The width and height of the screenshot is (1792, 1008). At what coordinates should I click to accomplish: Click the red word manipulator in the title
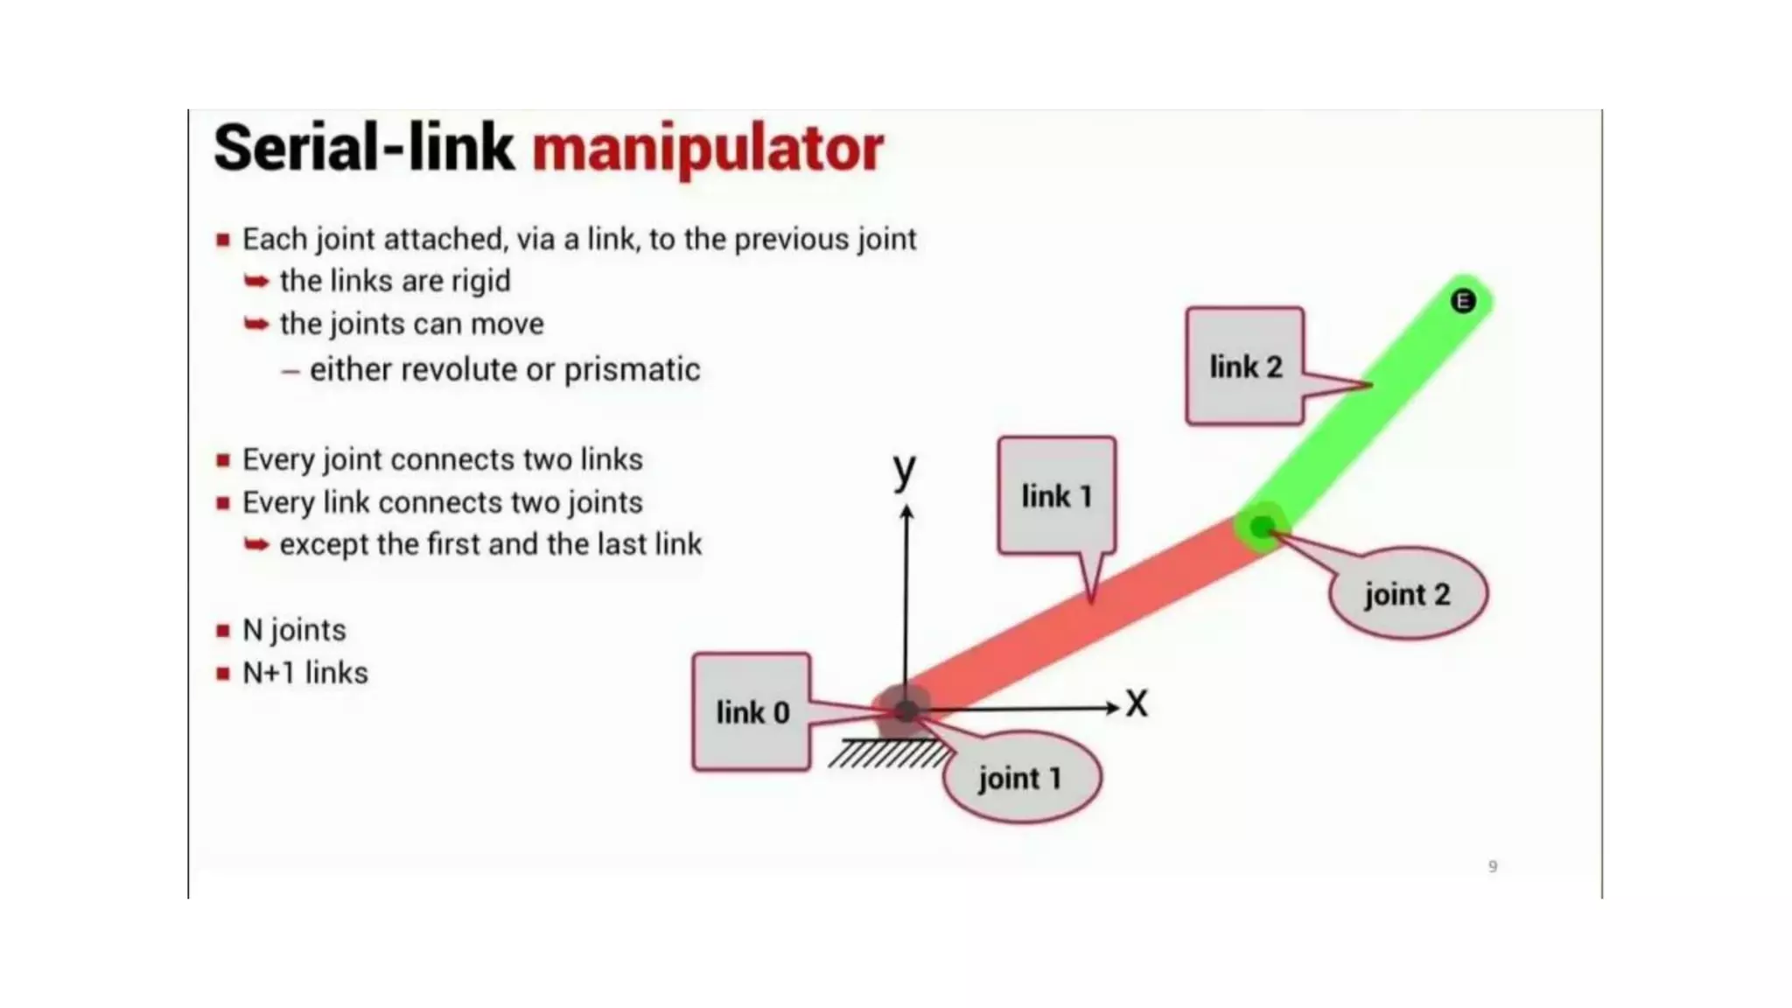click(707, 149)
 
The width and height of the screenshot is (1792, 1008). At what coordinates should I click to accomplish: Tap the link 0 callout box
click(752, 712)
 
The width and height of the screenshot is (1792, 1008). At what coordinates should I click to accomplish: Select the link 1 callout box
click(1056, 496)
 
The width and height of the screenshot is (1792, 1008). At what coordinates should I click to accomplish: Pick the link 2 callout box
click(1244, 367)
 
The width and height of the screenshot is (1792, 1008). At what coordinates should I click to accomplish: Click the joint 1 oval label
click(1020, 777)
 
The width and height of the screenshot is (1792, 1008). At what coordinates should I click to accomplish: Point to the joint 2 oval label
click(1407, 594)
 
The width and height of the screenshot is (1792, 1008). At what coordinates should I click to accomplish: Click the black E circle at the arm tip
click(1462, 301)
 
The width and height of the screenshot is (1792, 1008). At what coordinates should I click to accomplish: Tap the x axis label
click(1136, 703)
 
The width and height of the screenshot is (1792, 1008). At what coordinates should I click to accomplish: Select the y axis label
click(904, 470)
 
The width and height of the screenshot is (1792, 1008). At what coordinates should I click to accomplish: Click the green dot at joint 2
click(1261, 528)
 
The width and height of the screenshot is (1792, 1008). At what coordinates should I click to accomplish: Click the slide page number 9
click(1493, 866)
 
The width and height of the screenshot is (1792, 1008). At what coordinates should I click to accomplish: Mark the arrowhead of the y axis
click(907, 513)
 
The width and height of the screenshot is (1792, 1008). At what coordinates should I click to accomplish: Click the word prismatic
click(632, 370)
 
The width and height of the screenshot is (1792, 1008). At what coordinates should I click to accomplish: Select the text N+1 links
click(304, 673)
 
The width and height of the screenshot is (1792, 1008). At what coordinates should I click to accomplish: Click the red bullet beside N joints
click(223, 631)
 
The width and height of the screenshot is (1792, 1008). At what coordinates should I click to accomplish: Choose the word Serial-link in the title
click(363, 149)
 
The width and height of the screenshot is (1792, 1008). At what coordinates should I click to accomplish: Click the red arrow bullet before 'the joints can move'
click(256, 325)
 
